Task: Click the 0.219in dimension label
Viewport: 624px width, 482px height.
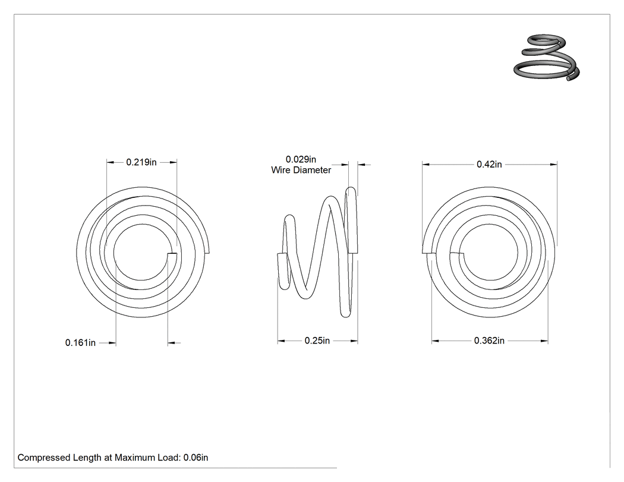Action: click(141, 162)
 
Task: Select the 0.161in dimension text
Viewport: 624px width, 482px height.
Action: click(80, 343)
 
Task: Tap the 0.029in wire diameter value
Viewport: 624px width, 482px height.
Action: click(301, 160)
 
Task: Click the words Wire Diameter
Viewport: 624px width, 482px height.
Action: click(301, 170)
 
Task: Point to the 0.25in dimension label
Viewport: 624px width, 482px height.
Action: click(317, 341)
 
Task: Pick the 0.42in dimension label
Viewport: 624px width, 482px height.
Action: click(489, 165)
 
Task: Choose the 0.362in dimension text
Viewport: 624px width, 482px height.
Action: click(489, 341)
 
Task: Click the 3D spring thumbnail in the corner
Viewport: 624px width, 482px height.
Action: click(546, 58)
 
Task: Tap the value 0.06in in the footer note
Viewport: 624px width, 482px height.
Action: click(196, 458)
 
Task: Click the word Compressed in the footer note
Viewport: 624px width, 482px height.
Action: click(44, 458)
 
